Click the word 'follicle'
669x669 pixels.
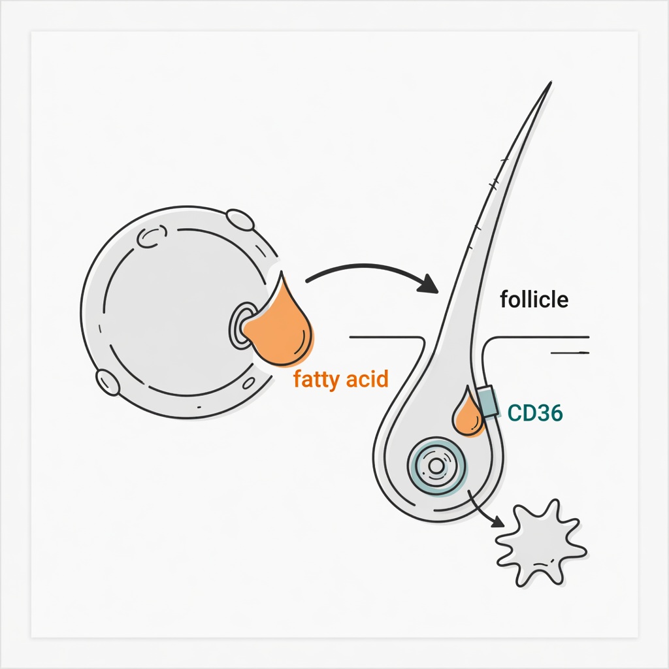pos(534,299)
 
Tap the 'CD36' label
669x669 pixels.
pos(535,413)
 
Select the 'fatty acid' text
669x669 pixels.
pos(341,380)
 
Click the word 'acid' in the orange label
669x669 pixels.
pos(367,378)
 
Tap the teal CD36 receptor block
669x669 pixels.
pos(487,401)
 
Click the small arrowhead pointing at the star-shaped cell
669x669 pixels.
pos(498,521)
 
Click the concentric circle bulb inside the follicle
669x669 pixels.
pos(436,466)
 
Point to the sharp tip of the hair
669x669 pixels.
pos(551,82)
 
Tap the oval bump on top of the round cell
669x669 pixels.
pos(240,220)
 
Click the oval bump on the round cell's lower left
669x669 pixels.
pos(108,382)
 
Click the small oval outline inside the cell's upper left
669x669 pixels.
pos(152,236)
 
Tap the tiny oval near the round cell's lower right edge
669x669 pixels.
pos(249,383)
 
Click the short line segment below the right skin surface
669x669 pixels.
pos(570,353)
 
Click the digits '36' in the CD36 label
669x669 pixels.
pos(549,413)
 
